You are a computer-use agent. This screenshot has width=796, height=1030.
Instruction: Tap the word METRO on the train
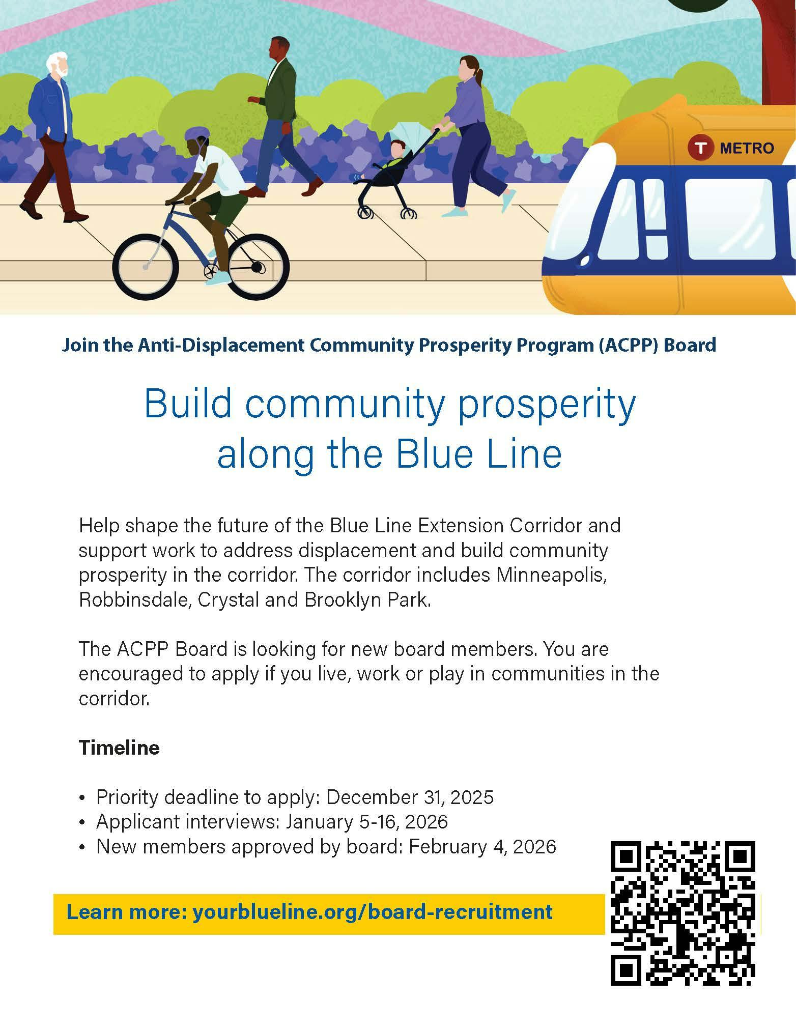pyautogui.click(x=747, y=148)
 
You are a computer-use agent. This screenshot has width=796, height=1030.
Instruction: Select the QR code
pyautogui.click(x=683, y=913)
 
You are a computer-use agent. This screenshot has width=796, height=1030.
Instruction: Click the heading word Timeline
pyautogui.click(x=119, y=748)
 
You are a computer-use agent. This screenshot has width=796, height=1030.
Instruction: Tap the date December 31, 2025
pyautogui.click(x=410, y=797)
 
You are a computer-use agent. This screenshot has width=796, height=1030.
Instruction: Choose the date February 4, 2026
pyautogui.click(x=482, y=846)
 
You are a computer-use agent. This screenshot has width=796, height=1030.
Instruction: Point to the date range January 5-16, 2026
pyautogui.click(x=366, y=821)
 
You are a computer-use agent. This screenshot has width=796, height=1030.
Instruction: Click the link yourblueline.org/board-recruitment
pyautogui.click(x=372, y=911)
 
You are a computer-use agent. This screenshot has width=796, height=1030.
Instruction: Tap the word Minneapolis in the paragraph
pyautogui.click(x=552, y=576)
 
